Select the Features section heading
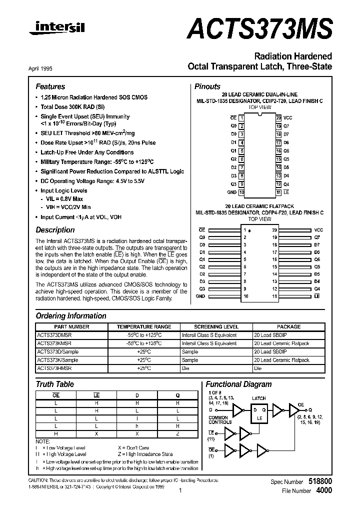(50, 86)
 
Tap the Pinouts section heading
(207, 86)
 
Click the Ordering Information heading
(71, 316)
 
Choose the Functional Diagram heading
(238, 384)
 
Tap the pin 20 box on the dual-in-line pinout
(278, 117)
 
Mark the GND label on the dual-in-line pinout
(231, 192)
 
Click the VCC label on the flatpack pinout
(318, 229)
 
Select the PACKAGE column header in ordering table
(288, 326)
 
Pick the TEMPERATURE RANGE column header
(143, 326)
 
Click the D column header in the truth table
(137, 395)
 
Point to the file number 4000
(323, 490)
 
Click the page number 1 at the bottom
(179, 491)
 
